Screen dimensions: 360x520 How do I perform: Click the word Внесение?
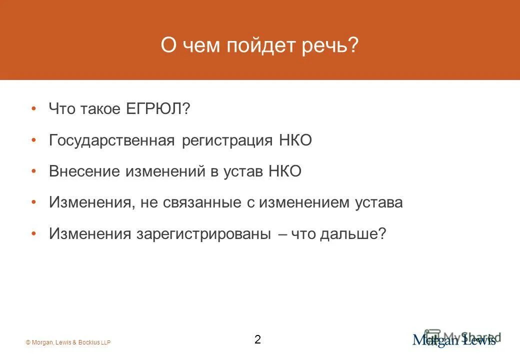pyautogui.click(x=84, y=171)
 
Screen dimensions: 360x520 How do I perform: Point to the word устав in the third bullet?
pyautogui.click(x=245, y=171)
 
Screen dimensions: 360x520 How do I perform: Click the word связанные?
pyautogui.click(x=212, y=202)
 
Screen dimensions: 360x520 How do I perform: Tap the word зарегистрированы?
pyautogui.click(x=204, y=233)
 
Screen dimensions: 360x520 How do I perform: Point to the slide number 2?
pyautogui.click(x=257, y=340)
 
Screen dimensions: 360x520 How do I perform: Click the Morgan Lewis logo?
pyautogui.click(x=454, y=340)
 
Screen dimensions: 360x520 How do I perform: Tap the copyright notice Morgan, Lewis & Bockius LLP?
pyautogui.click(x=68, y=342)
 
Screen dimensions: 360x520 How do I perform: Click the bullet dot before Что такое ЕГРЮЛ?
pyautogui.click(x=33, y=109)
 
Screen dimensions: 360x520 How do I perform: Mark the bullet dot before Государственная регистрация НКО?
pyautogui.click(x=33, y=140)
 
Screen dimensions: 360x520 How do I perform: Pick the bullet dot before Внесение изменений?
pyautogui.click(x=33, y=171)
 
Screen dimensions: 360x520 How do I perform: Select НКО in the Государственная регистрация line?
pyautogui.click(x=295, y=140)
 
